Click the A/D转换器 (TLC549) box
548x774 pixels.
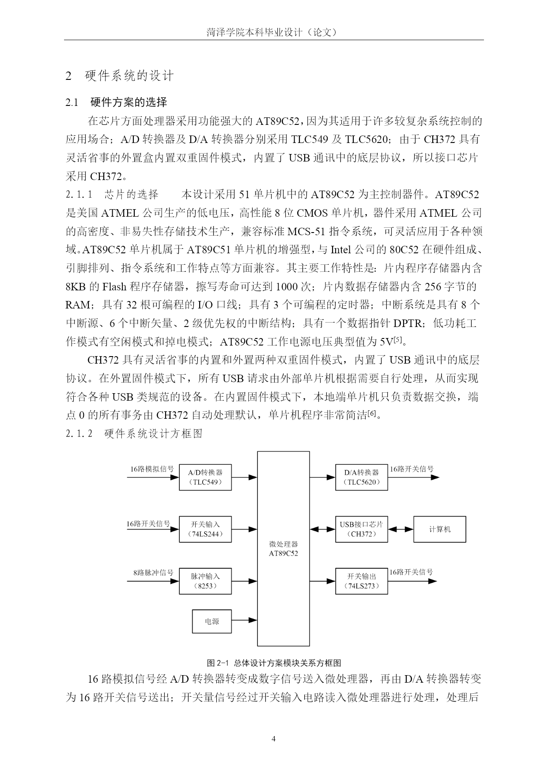point(205,477)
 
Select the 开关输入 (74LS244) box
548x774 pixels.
point(205,529)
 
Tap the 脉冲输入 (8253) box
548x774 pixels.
point(205,581)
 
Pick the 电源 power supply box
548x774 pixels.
point(212,621)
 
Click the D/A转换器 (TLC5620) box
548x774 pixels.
point(362,477)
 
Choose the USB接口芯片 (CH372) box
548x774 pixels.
point(362,529)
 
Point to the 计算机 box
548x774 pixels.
point(440,529)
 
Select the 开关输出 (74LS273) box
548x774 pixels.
point(362,581)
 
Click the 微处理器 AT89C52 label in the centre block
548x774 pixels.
point(283,549)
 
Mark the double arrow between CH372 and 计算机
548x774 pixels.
point(401,529)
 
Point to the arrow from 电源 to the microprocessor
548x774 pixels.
point(245,620)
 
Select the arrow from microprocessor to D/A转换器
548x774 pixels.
point(323,477)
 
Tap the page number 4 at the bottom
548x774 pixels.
point(274,739)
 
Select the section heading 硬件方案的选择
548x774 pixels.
point(128,102)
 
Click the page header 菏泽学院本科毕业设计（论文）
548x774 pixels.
point(274,33)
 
